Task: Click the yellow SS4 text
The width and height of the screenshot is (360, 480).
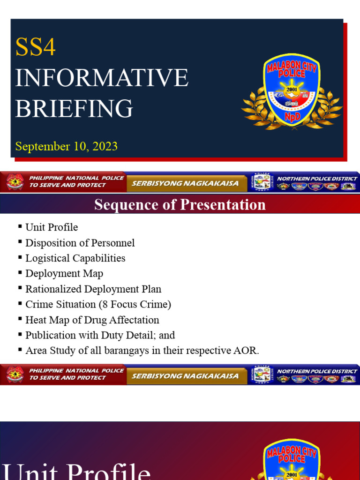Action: point(36,47)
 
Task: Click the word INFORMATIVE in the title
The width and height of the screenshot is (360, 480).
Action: point(102,78)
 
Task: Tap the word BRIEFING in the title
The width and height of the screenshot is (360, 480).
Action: point(74,108)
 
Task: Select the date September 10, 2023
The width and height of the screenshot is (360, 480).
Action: point(66,146)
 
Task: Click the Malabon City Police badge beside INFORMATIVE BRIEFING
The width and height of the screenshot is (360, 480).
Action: point(291,91)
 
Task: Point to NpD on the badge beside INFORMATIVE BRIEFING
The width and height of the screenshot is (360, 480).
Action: point(291,115)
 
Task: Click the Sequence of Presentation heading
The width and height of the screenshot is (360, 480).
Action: point(180,205)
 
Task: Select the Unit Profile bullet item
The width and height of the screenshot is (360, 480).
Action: point(52,227)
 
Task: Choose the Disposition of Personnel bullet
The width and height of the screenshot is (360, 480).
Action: point(80,243)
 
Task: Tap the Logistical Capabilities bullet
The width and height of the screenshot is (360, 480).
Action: point(75,258)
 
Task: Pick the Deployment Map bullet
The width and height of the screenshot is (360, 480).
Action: point(64,274)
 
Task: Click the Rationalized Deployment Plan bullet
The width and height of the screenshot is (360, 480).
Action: point(93,289)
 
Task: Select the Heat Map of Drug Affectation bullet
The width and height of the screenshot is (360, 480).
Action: point(92,320)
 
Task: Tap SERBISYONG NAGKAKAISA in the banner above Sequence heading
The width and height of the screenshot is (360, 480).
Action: point(185,183)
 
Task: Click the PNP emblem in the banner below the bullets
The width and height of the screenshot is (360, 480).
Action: point(15,375)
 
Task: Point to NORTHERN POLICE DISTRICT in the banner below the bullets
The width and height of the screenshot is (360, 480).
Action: point(317,371)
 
